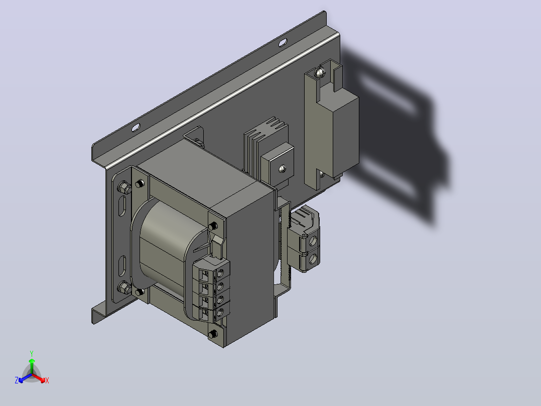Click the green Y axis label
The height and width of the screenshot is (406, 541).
tap(32, 353)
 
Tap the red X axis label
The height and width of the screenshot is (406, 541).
tap(47, 380)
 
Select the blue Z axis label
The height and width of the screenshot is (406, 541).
tap(17, 380)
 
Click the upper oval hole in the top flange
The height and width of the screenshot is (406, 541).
tap(282, 43)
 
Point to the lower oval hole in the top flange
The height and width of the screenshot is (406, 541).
tap(136, 128)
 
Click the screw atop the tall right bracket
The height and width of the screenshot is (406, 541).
tap(320, 72)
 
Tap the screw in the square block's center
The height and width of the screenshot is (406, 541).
tap(282, 169)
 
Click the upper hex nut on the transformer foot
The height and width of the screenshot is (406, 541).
tap(124, 187)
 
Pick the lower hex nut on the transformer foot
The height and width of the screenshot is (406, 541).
tap(124, 287)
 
